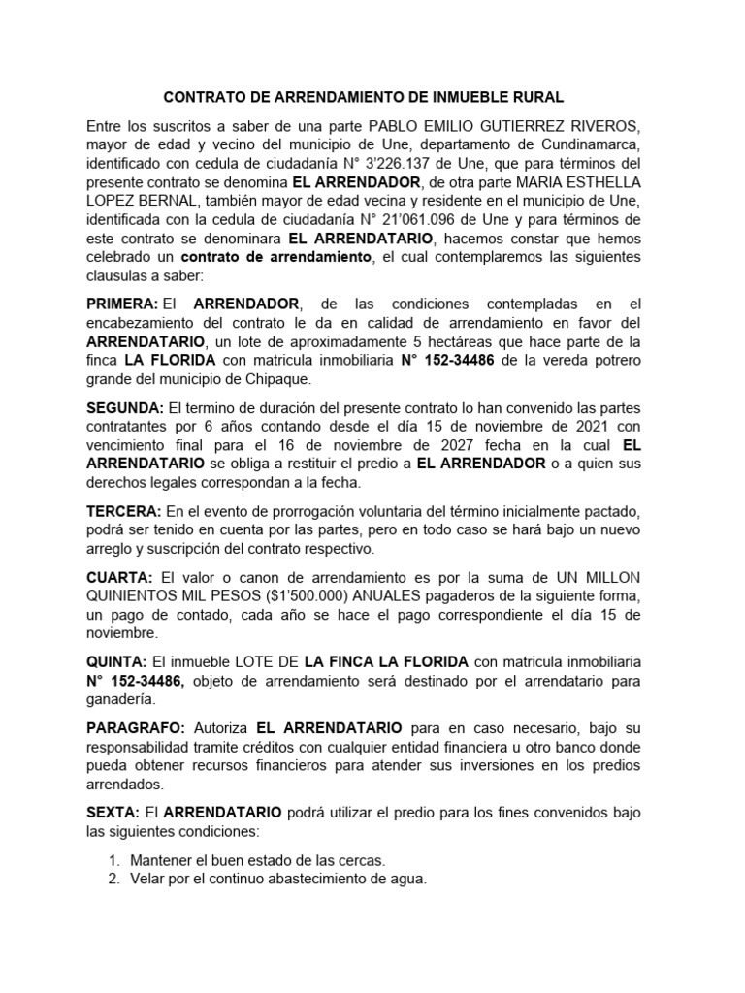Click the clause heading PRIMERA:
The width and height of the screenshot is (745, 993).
pyautogui.click(x=122, y=304)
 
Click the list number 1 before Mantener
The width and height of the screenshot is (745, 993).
pyautogui.click(x=113, y=859)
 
